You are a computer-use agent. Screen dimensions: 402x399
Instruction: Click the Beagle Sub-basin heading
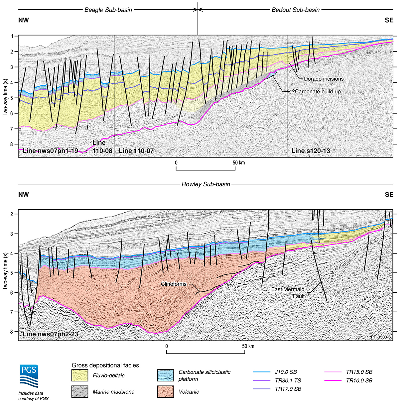(108, 10)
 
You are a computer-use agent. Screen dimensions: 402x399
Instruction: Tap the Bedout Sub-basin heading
(296, 10)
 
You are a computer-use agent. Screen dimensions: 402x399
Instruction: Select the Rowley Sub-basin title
(206, 184)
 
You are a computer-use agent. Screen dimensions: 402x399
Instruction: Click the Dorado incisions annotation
(324, 79)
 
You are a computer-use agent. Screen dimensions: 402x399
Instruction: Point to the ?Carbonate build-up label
(316, 92)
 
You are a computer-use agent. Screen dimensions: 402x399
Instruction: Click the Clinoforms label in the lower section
(174, 284)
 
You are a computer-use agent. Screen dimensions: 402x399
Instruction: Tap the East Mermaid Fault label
(288, 293)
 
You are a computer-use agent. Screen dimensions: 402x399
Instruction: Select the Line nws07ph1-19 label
(51, 151)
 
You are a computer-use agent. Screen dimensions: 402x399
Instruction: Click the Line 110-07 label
(136, 151)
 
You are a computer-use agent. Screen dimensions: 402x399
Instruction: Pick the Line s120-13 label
(311, 151)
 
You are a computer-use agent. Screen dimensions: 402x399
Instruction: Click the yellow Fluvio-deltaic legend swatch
(80, 376)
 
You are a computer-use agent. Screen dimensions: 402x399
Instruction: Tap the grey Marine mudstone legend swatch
(80, 392)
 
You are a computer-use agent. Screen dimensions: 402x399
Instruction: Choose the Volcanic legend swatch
(165, 392)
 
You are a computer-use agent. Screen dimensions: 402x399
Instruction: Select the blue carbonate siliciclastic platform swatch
(165, 375)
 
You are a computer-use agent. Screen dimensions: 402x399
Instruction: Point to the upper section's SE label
(389, 20)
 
